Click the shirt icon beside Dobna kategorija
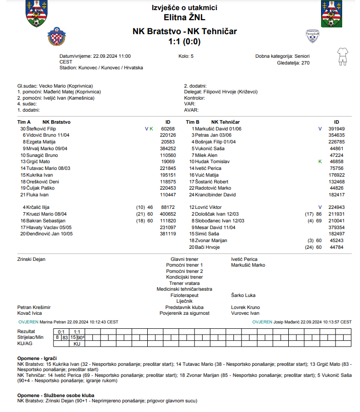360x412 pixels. tap(342, 56)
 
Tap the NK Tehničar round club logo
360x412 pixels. tap(313, 36)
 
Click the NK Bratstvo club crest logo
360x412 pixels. tap(56, 36)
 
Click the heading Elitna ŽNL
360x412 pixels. tap(184, 18)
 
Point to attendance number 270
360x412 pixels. tap(305, 63)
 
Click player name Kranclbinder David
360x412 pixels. tap(215, 194)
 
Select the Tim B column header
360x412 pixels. tap(193, 122)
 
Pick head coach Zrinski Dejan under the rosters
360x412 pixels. tap(31, 259)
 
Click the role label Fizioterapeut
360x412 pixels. tap(184, 295)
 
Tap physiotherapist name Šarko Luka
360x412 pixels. tap(243, 295)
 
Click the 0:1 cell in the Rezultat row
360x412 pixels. tap(61, 332)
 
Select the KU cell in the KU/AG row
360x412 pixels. tap(77, 344)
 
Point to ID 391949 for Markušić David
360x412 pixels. tap(336, 129)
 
